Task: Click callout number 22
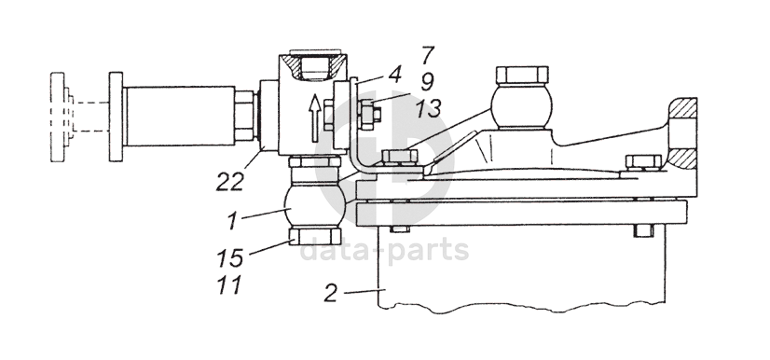click(x=230, y=182)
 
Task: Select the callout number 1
click(x=233, y=221)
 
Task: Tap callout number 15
click(x=230, y=257)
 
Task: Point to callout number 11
click(x=230, y=284)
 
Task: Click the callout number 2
click(x=331, y=293)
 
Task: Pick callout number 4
click(x=394, y=75)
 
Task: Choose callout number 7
click(x=428, y=55)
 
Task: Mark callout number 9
click(x=427, y=82)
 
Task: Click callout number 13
click(x=429, y=108)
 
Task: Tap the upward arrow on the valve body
click(x=314, y=118)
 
